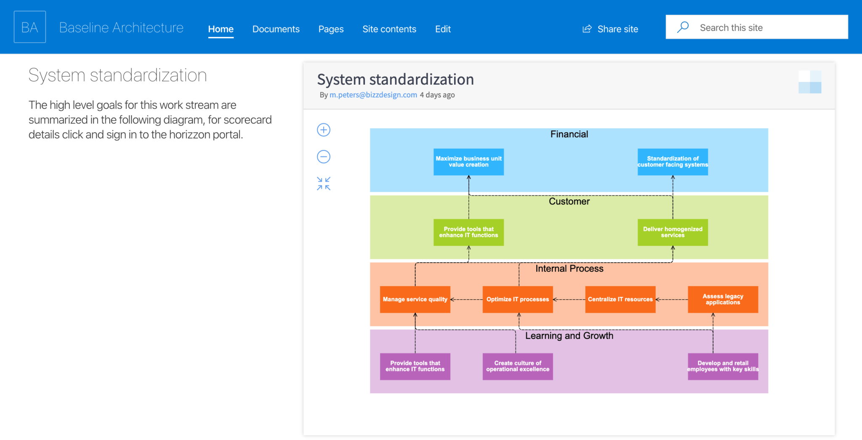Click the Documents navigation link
coord(276,29)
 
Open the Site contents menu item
coord(389,29)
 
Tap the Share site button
coord(610,29)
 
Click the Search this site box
coord(757,27)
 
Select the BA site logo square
coord(30,27)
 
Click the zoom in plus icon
coord(324,130)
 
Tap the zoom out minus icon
coord(324,157)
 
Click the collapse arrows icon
coord(324,184)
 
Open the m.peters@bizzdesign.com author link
coord(373,95)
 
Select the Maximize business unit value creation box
coord(468,162)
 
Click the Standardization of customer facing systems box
coord(673,162)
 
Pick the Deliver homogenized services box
coord(673,232)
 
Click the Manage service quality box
coord(415,300)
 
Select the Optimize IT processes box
coord(518,300)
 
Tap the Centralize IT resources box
coord(620,300)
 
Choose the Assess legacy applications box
coord(723,300)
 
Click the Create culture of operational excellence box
coord(518,367)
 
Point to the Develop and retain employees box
coord(723,367)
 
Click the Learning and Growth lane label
coord(569,336)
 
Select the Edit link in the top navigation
coord(443,29)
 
